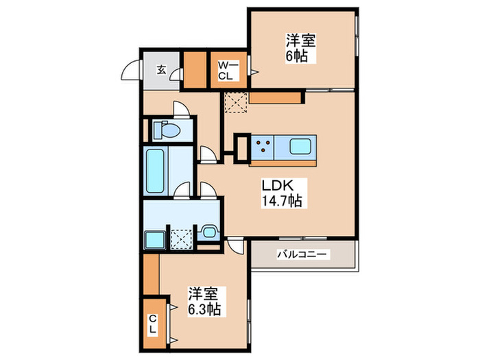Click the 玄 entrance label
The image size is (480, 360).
160,69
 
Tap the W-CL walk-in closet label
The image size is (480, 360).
227,71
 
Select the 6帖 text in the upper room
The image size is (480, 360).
296,56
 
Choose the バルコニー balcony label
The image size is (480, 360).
302,254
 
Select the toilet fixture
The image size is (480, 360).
165,129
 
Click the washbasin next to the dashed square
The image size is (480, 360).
208,233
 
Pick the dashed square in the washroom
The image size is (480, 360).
182,239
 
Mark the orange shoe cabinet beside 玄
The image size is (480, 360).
195,70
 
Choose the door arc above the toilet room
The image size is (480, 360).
179,110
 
